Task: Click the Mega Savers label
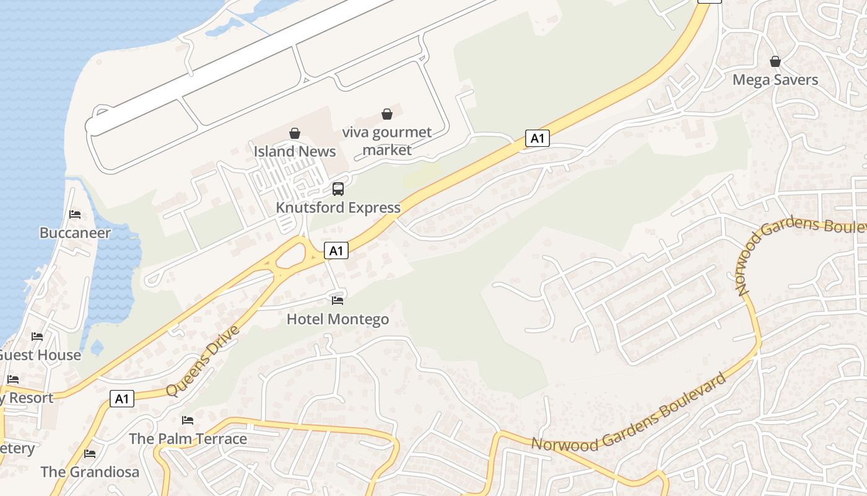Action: pyautogui.click(x=775, y=80)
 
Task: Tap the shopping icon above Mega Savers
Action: pyautogui.click(x=775, y=61)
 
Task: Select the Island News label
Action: pyautogui.click(x=295, y=151)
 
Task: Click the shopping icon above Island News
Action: pyautogui.click(x=295, y=133)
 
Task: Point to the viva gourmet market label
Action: pyautogui.click(x=387, y=141)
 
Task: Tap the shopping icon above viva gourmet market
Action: pyautogui.click(x=387, y=114)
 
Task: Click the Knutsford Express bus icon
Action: pyautogui.click(x=338, y=189)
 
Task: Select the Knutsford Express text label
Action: pyautogui.click(x=338, y=208)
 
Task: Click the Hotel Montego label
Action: pyautogui.click(x=338, y=319)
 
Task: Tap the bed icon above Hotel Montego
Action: pyautogui.click(x=338, y=301)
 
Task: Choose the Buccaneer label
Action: pyautogui.click(x=75, y=233)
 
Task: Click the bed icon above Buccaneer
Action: pyautogui.click(x=75, y=215)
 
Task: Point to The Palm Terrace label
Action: pyautogui.click(x=188, y=439)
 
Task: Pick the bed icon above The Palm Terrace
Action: pyautogui.click(x=188, y=420)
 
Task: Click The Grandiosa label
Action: pyautogui.click(x=90, y=472)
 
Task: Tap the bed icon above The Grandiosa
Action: pyautogui.click(x=90, y=453)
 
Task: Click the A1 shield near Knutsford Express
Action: pyautogui.click(x=336, y=250)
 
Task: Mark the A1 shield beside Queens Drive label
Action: pyautogui.click(x=122, y=399)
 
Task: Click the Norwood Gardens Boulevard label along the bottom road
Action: pyautogui.click(x=629, y=413)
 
